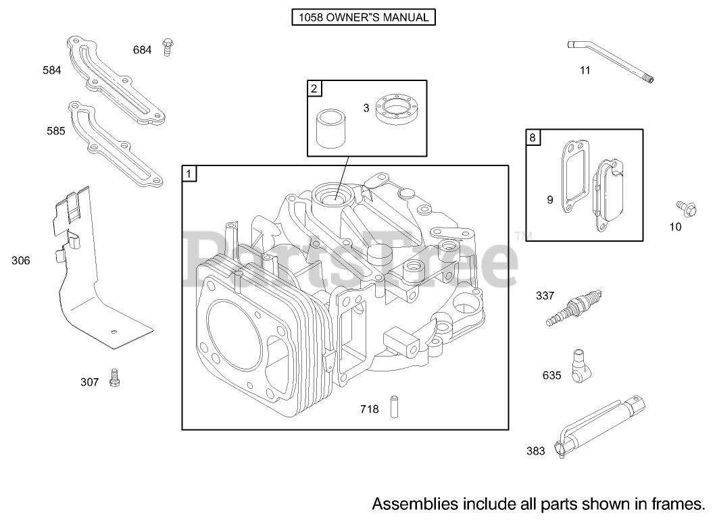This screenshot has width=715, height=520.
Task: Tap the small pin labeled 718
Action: point(393,409)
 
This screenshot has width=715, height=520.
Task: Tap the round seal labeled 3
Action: point(396,108)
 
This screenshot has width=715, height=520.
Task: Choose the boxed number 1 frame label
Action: point(189,174)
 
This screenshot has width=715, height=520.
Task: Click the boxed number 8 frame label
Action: point(533,138)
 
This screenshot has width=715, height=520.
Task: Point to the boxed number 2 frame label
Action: point(314,88)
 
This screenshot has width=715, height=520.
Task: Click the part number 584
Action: point(51,70)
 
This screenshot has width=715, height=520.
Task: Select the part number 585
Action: point(55,131)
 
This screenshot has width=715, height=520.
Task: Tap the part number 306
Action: point(21,260)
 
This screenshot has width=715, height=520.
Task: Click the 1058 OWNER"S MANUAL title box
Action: point(363,18)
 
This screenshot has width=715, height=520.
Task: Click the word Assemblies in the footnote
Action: point(413,503)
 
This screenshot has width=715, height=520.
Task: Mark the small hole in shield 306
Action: point(114,331)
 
